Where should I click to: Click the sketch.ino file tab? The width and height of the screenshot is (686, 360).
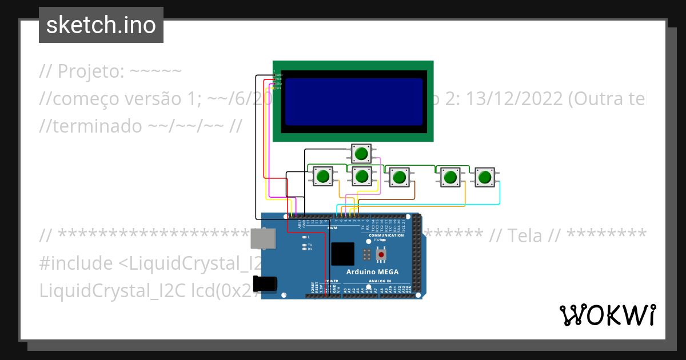pyautogui.click(x=101, y=25)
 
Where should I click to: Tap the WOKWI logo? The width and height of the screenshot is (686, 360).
pyautogui.click(x=607, y=315)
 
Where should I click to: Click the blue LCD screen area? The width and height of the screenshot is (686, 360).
pyautogui.click(x=354, y=102)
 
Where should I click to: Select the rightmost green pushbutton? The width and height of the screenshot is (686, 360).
pyautogui.click(x=485, y=177)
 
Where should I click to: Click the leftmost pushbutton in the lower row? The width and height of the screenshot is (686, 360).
pyautogui.click(x=323, y=176)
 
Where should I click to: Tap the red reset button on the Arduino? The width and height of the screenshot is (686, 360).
pyautogui.click(x=381, y=254)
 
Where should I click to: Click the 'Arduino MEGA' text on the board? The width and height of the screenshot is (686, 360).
pyautogui.click(x=372, y=271)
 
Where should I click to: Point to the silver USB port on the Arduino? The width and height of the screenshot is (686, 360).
pyautogui.click(x=262, y=238)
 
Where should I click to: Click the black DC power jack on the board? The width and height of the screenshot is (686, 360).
pyautogui.click(x=266, y=284)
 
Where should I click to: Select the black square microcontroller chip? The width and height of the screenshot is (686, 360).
pyautogui.click(x=342, y=254)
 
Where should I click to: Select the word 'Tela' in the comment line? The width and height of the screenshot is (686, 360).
pyautogui.click(x=524, y=235)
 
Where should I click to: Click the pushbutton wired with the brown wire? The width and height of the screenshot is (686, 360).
pyautogui.click(x=400, y=177)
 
